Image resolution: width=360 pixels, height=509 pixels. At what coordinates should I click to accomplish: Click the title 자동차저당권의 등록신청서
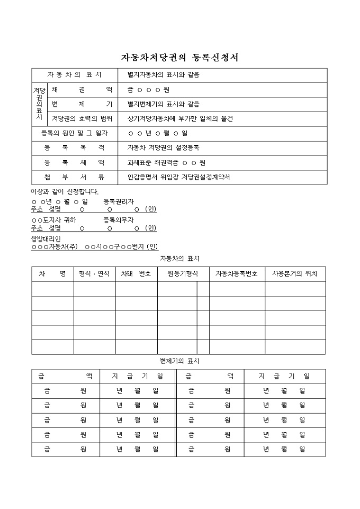click(x=180, y=58)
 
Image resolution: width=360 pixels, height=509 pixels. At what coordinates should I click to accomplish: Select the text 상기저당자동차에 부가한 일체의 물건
click(x=180, y=119)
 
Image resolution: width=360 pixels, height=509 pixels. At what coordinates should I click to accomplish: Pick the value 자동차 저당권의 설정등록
click(x=163, y=148)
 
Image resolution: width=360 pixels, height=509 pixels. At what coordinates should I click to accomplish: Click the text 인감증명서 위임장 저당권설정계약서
click(x=178, y=177)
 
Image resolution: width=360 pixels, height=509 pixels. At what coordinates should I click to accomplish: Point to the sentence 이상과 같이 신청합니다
click(x=65, y=192)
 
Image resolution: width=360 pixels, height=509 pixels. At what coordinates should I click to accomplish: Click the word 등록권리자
click(x=119, y=202)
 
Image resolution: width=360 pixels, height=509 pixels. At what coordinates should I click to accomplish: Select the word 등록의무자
click(x=119, y=220)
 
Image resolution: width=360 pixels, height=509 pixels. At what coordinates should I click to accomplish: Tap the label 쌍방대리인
click(x=46, y=239)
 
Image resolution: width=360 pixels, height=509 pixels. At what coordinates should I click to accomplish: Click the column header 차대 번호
click(x=136, y=274)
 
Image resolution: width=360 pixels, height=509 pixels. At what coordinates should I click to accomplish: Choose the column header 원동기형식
click(x=183, y=274)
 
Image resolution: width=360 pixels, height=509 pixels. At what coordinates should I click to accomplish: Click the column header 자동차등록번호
click(x=237, y=274)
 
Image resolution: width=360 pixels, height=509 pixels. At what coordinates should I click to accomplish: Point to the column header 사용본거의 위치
click(x=295, y=274)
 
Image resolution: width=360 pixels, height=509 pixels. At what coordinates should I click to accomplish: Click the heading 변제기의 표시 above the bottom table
click(x=179, y=361)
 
